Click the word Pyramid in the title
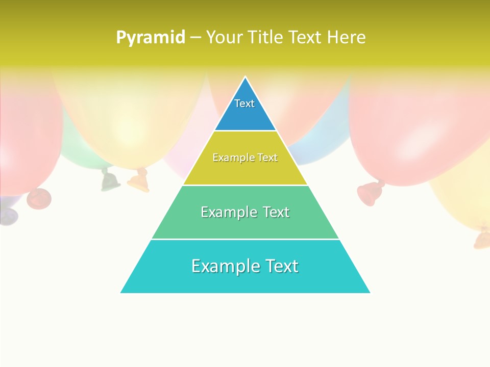(x=150, y=38)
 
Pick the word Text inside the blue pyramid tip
(x=244, y=103)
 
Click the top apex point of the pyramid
(x=246, y=77)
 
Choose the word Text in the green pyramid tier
(x=276, y=212)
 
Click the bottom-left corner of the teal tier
(x=121, y=293)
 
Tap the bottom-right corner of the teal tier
(x=370, y=293)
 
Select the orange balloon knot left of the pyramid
(x=139, y=181)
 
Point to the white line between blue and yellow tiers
(x=246, y=131)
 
